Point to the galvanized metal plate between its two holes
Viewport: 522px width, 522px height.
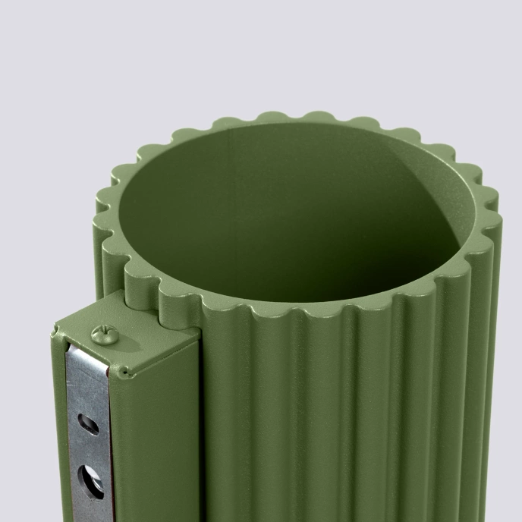[90, 452]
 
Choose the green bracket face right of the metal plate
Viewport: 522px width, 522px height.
[156, 440]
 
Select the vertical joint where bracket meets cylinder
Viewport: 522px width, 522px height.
[200, 425]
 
